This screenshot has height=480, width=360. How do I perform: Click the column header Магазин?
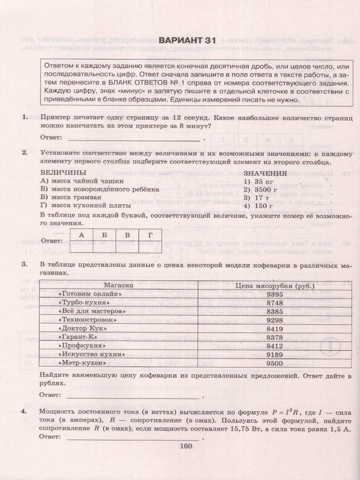coord(119,286)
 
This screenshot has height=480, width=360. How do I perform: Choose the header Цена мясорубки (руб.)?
coord(275,286)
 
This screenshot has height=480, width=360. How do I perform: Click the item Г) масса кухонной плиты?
coord(86,206)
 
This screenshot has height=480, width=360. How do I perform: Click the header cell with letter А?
coord(82,235)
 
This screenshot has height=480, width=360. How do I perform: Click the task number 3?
coord(24,264)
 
